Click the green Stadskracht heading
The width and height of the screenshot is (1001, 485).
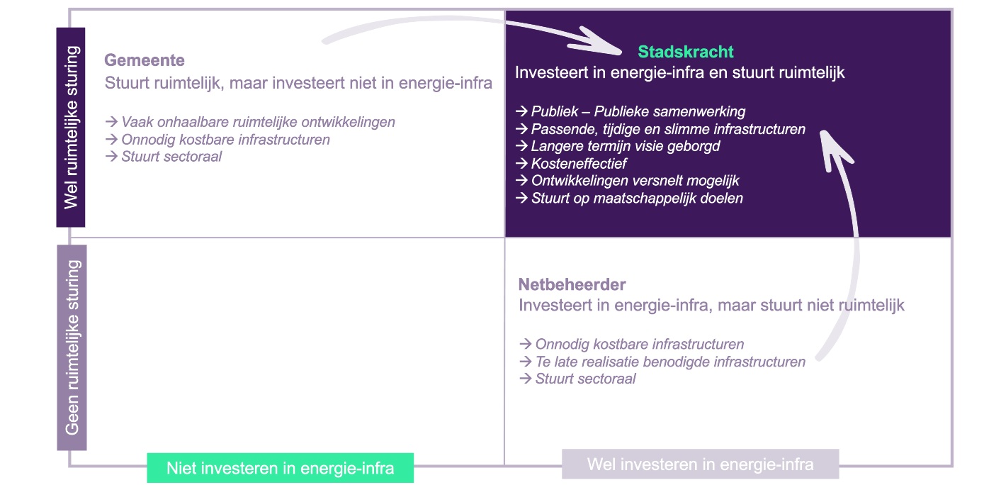[x=686, y=52]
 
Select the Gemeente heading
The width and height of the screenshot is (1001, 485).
[x=145, y=60]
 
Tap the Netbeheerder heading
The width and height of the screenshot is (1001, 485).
[x=572, y=285]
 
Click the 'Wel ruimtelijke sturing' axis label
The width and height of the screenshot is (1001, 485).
[x=71, y=128]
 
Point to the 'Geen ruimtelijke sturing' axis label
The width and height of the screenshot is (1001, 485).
[x=72, y=347]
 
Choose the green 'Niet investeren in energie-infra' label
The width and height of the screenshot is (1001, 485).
[x=280, y=468]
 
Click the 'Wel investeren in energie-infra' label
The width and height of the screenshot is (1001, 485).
[x=700, y=464]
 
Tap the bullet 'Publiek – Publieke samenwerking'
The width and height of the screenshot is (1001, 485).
[x=630, y=111]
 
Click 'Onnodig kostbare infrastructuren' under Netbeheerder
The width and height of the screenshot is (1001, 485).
[x=632, y=345]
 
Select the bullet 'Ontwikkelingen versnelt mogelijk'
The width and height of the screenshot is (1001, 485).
[x=629, y=181]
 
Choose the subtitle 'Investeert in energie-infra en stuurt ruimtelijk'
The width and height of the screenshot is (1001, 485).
[x=679, y=72]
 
